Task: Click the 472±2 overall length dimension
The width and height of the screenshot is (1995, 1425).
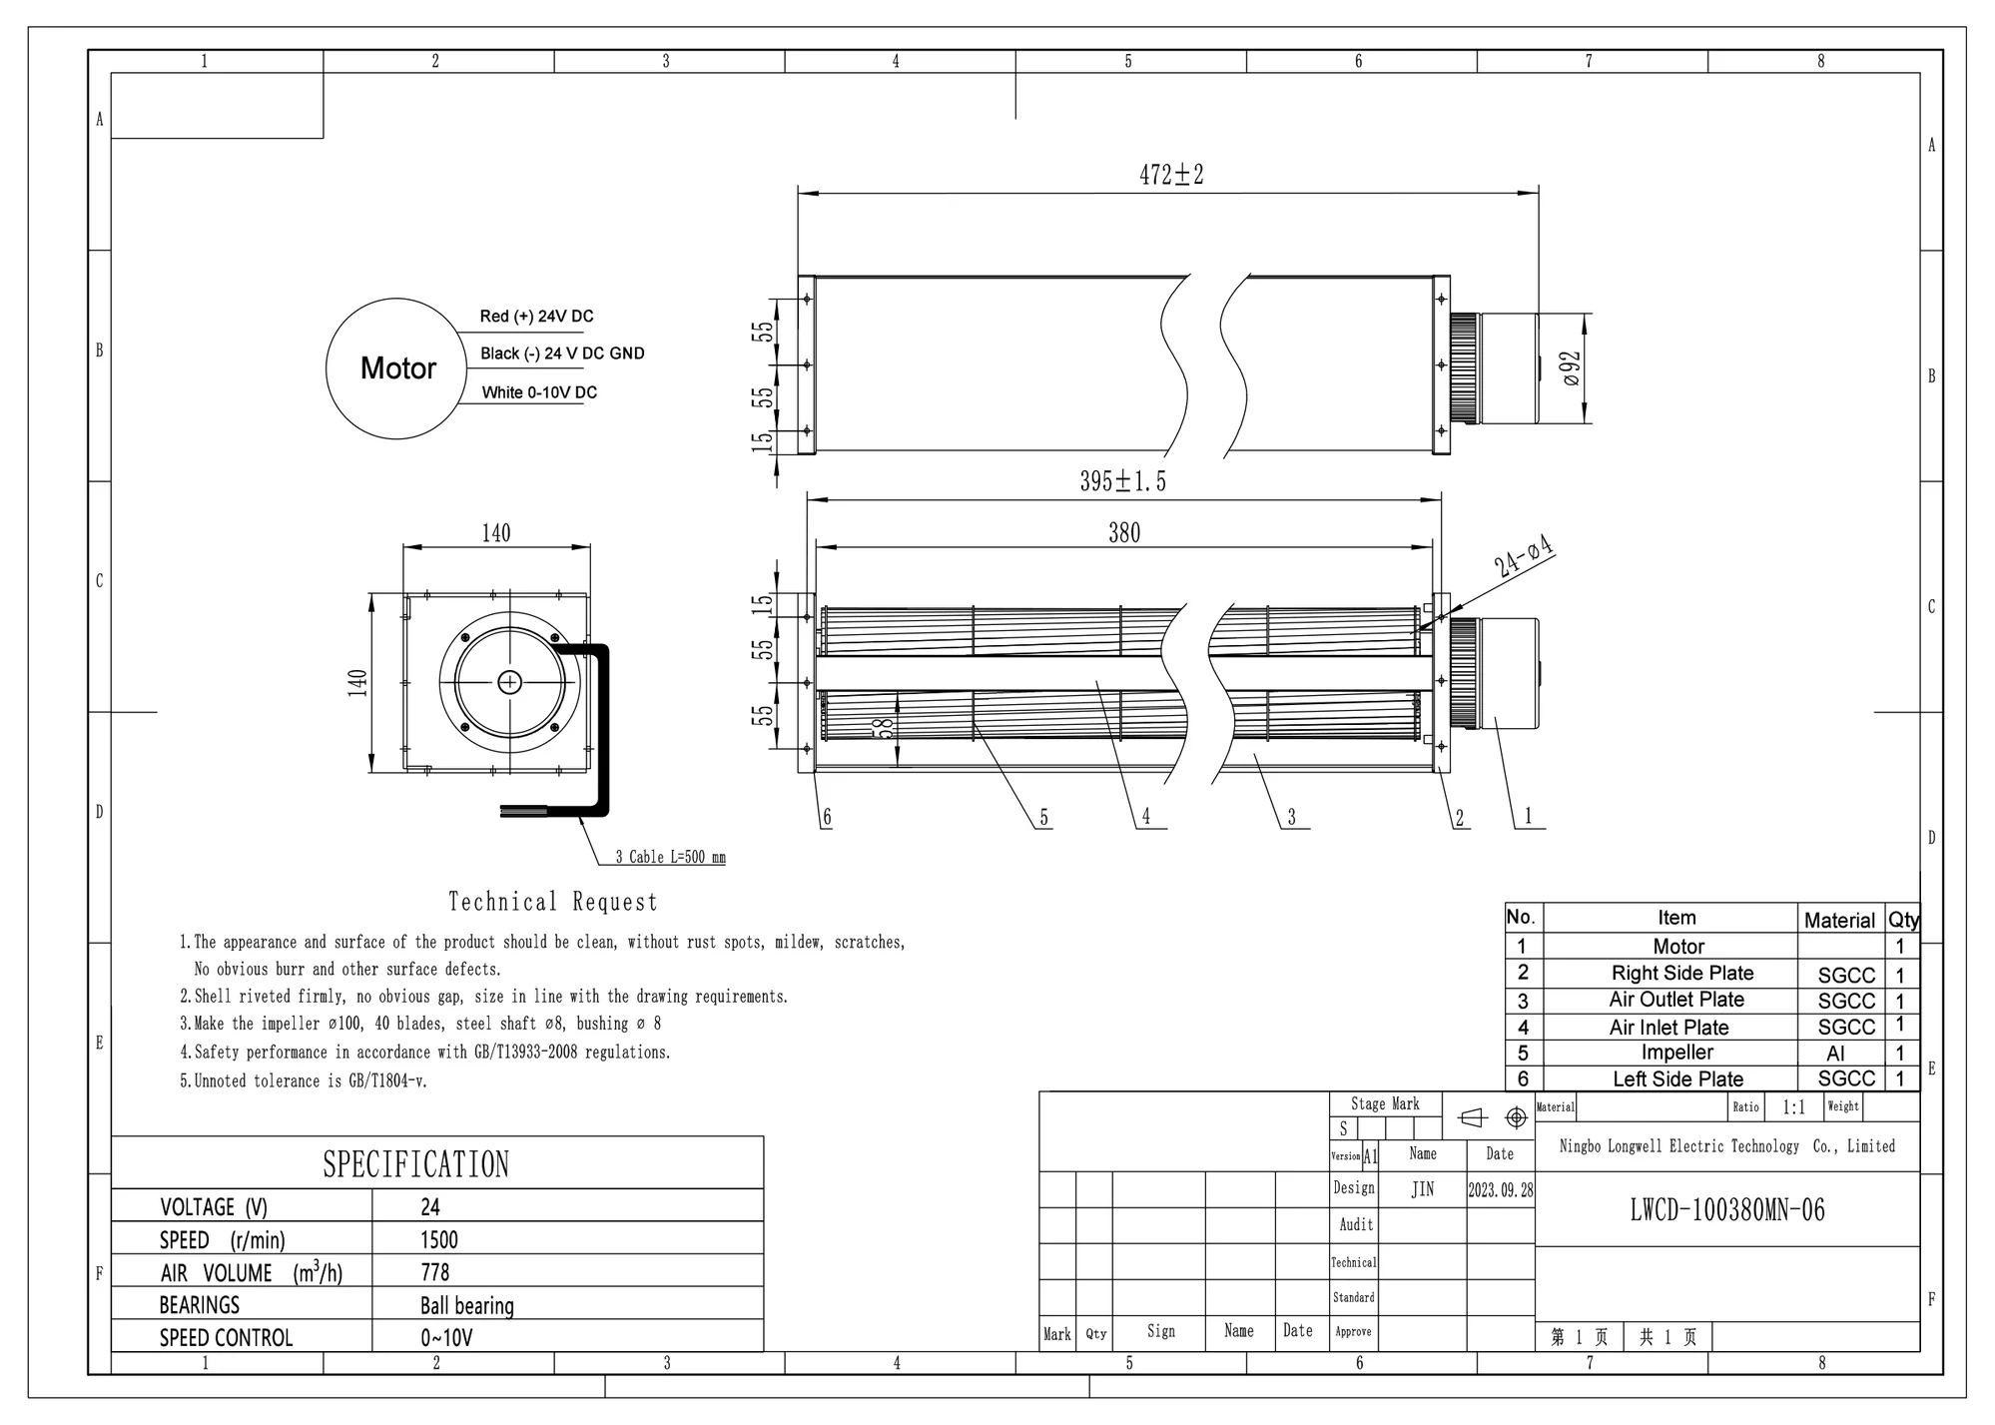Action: tap(1171, 175)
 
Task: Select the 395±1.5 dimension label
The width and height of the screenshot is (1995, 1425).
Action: tap(1122, 481)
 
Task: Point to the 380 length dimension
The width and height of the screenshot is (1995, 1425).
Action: tap(1124, 533)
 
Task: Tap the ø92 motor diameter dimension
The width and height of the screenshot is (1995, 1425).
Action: tap(1570, 367)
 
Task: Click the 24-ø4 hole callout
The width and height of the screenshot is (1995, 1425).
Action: tap(1524, 556)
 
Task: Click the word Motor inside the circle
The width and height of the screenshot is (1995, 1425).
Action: tap(398, 368)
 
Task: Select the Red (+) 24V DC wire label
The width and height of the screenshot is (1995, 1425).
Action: tap(536, 317)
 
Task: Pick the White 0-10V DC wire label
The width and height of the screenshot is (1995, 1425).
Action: tap(539, 392)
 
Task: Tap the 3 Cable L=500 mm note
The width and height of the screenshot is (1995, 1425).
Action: tap(670, 857)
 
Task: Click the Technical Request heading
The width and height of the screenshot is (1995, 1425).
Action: tap(553, 902)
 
